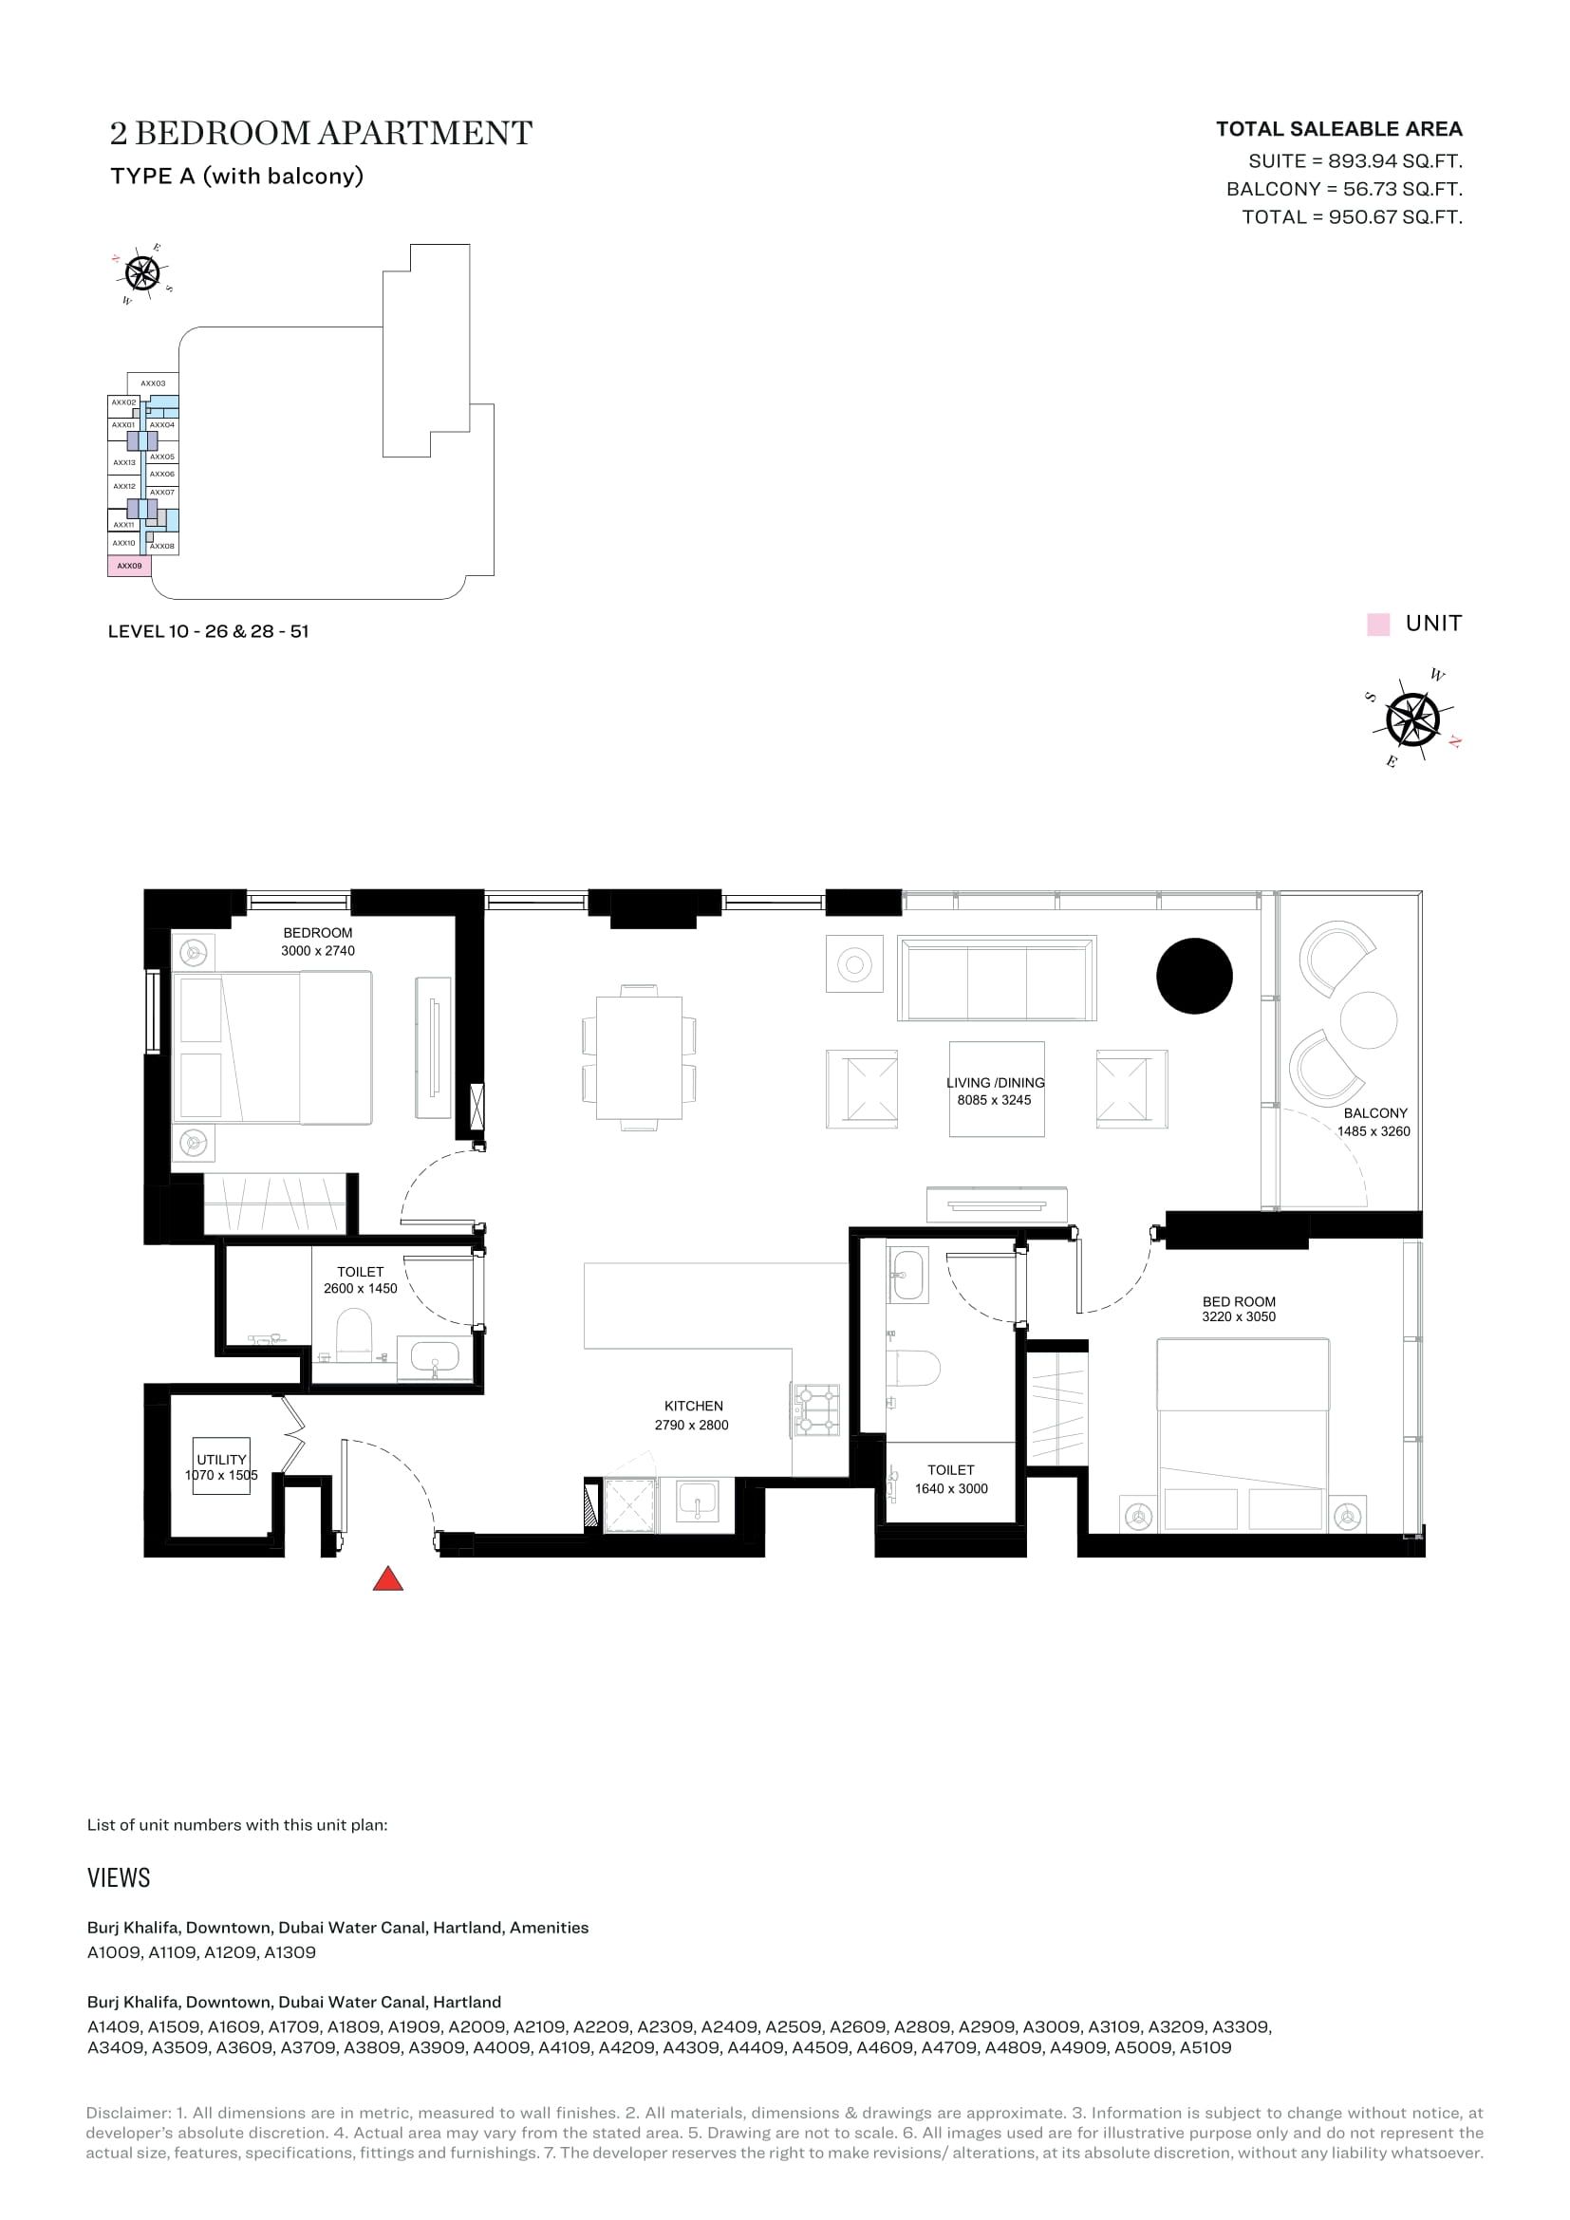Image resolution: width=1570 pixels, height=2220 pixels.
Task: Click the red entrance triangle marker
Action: coord(387,1579)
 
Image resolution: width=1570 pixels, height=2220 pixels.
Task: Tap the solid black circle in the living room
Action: coord(1194,976)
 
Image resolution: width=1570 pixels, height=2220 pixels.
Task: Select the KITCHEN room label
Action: coord(693,1406)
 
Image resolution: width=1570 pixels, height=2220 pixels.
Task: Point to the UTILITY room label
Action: coord(221,1459)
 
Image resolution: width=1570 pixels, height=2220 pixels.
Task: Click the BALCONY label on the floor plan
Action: coord(1374,1113)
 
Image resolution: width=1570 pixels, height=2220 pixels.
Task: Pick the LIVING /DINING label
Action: coord(995,1083)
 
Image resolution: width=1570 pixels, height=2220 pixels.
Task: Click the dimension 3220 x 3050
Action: coord(1239,1317)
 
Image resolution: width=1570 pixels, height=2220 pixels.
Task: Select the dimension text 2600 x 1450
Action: coord(361,1288)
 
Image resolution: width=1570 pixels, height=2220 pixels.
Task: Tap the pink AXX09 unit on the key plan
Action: coord(129,566)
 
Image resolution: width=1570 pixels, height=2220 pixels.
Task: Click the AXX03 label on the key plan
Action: coord(153,382)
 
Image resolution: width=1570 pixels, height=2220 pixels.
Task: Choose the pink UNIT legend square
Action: coord(1377,624)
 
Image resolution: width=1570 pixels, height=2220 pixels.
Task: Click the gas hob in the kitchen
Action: coord(817,1408)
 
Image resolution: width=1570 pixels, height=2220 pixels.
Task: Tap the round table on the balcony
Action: coord(1368,1019)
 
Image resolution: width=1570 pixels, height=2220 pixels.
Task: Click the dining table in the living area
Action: coord(639,1056)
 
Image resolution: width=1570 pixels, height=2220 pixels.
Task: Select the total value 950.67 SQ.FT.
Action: coord(1395,216)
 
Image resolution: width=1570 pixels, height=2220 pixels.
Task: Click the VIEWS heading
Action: coord(119,1877)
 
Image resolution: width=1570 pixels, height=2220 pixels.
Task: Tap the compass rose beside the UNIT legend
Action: coord(1412,719)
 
